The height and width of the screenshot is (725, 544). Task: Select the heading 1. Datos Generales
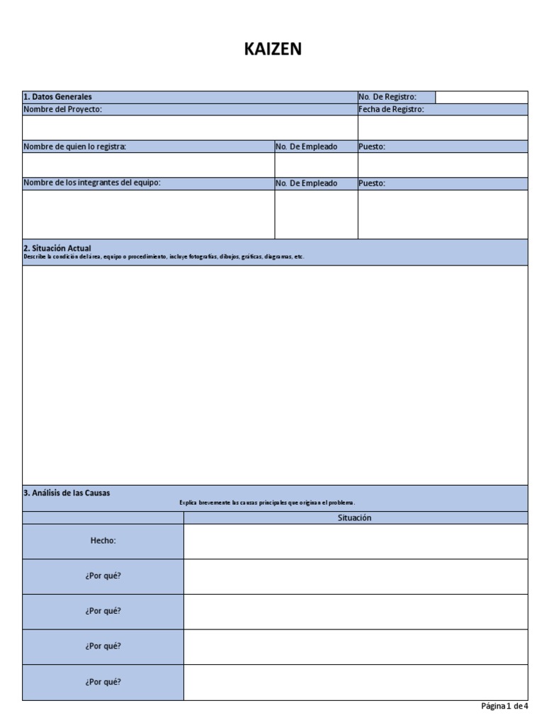tap(57, 97)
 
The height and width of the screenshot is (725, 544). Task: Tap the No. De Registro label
tap(387, 97)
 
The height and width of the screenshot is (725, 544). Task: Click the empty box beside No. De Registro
tap(481, 97)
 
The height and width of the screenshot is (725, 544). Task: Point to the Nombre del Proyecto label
tap(62, 110)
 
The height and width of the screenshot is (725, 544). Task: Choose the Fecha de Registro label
tap(391, 110)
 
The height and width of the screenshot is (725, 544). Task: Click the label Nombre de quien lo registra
tap(74, 147)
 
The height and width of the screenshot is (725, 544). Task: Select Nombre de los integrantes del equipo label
tap(91, 183)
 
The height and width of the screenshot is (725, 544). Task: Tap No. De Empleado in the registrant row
tap(306, 147)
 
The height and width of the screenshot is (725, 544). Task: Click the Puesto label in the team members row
tap(372, 183)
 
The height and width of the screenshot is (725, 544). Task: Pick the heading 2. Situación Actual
tap(57, 249)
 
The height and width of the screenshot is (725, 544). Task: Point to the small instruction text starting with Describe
tap(163, 257)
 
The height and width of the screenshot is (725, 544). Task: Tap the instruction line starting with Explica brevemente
tap(267, 503)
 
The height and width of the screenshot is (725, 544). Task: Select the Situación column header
tap(355, 518)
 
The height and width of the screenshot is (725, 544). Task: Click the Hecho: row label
tap(103, 541)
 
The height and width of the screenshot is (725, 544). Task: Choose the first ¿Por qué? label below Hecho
tap(103, 576)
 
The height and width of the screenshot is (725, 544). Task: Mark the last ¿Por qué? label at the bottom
tap(103, 682)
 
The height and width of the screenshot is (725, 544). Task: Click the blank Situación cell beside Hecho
tap(355, 541)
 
